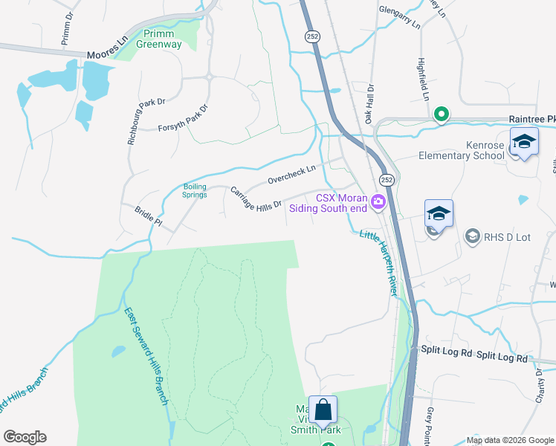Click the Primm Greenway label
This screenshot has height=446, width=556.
(x=158, y=39)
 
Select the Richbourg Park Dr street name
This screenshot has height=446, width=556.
(x=138, y=119)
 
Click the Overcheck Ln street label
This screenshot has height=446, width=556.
(x=292, y=175)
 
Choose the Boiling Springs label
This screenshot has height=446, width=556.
(x=195, y=190)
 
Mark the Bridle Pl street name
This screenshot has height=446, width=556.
(x=148, y=216)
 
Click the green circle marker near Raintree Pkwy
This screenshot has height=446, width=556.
(x=441, y=114)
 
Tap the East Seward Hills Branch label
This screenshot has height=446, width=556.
(x=146, y=357)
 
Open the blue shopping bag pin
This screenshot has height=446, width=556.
(x=323, y=410)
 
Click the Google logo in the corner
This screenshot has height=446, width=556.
(x=25, y=437)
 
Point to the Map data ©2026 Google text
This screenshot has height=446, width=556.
(x=509, y=440)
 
